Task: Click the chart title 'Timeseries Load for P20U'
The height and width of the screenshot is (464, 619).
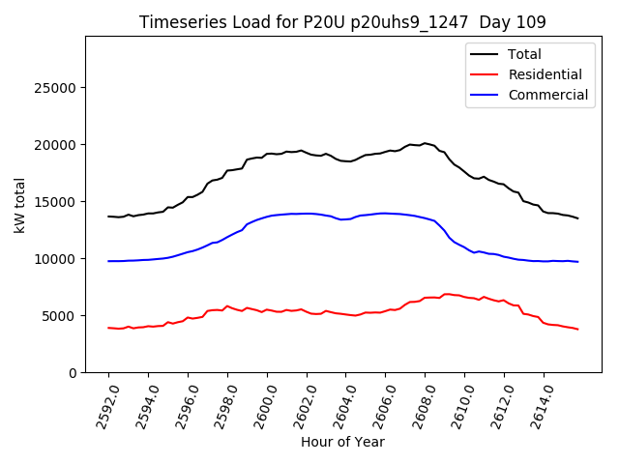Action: click(342, 22)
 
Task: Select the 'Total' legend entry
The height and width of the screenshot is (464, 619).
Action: click(525, 54)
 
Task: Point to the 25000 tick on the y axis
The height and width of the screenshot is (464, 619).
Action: click(57, 88)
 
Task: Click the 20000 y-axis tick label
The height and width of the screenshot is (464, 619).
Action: click(57, 145)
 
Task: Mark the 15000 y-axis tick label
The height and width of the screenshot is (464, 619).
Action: click(57, 202)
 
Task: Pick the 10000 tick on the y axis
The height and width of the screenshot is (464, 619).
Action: click(57, 259)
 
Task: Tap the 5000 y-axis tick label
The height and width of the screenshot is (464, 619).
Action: click(61, 316)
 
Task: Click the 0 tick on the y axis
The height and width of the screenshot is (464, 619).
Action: click(74, 373)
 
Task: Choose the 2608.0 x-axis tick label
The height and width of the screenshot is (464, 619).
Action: click(419, 404)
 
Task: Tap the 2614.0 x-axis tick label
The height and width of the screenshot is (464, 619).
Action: click(538, 404)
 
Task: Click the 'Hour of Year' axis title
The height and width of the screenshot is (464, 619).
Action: click(342, 442)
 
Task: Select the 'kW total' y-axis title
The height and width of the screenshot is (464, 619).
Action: click(19, 205)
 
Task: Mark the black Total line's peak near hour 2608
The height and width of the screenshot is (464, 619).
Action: click(425, 143)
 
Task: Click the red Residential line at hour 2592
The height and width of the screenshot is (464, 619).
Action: click(108, 328)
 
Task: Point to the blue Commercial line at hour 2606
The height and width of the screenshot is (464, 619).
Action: click(385, 213)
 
